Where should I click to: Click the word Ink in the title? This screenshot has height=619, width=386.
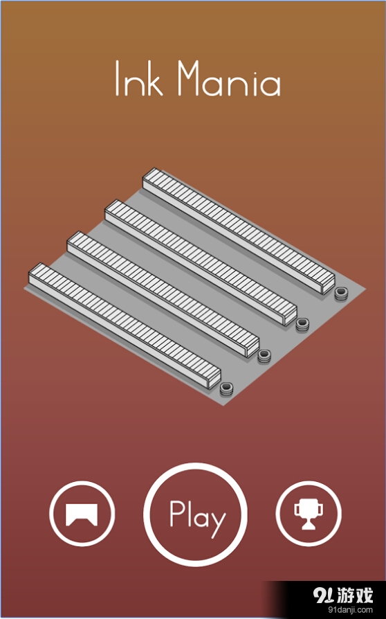(138, 78)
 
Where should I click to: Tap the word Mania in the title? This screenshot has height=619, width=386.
(229, 78)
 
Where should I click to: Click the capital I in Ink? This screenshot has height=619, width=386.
(117, 78)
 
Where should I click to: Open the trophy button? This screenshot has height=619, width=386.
(309, 514)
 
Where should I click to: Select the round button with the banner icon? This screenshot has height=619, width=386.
(82, 514)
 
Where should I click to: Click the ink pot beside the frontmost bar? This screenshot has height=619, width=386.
(226, 388)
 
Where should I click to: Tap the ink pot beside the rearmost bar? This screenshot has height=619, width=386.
(342, 294)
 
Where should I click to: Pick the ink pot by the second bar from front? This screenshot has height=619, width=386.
(264, 356)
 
